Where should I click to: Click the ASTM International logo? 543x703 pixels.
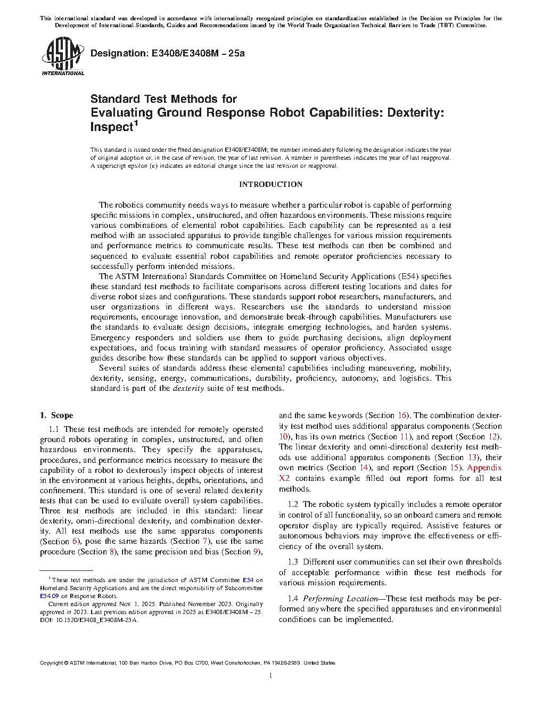(63, 56)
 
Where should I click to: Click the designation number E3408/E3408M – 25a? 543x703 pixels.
(198, 53)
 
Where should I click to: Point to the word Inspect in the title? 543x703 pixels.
(111, 127)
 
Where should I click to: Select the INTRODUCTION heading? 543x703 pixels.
(270, 184)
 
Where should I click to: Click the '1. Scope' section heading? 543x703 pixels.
(56, 415)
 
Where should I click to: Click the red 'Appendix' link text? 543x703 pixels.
(484, 468)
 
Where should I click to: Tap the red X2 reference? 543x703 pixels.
(284, 478)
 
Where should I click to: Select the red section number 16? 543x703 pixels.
(402, 415)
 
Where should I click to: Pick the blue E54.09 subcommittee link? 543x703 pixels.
(50, 596)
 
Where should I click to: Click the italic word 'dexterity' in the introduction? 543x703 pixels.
(188, 388)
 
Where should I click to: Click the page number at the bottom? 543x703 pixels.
(271, 676)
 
